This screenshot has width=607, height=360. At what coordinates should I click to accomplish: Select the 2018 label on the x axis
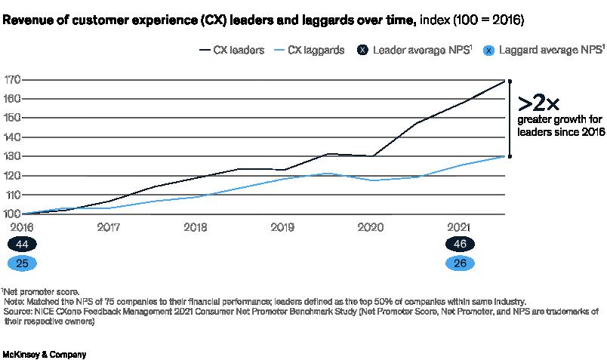(195, 226)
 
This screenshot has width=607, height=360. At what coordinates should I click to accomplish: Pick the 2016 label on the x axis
(21, 226)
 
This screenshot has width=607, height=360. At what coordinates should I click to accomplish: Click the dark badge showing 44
(22, 245)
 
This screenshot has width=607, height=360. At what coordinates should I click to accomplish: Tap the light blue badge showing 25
(22, 263)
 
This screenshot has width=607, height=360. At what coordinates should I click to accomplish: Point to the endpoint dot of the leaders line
(510, 80)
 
